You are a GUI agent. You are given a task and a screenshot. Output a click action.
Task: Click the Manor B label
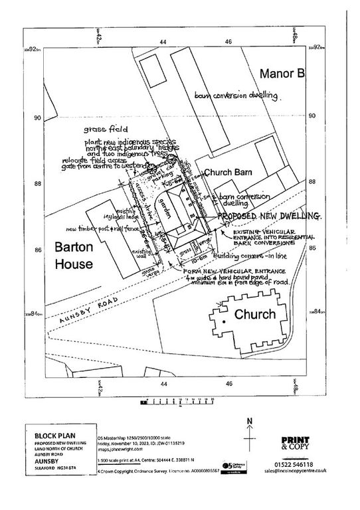click(282, 73)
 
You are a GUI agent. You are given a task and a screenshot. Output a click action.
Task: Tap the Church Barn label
click(225, 172)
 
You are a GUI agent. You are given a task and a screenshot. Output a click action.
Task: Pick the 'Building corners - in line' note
click(256, 254)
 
